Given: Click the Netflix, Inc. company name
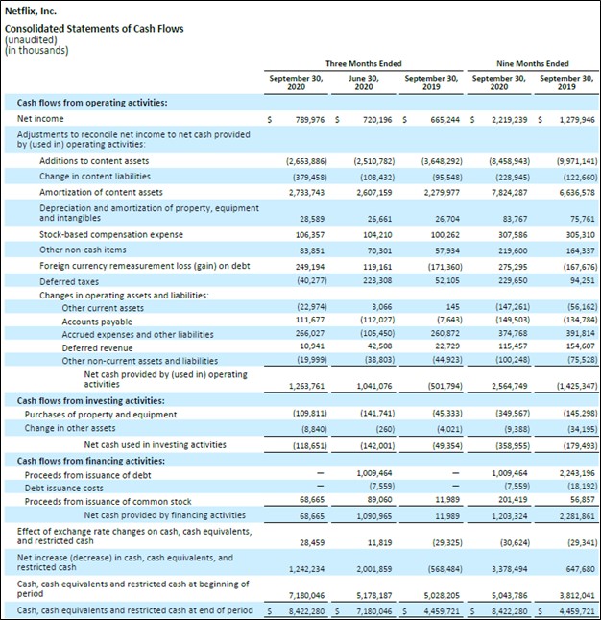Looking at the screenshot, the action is pos(31,12).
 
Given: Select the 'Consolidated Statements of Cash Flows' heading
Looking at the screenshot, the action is pos(94,29).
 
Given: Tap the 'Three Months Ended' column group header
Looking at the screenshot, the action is pos(364,63).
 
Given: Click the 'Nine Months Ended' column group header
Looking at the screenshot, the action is pos(533,63).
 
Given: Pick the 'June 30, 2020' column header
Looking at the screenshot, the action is pos(364,83).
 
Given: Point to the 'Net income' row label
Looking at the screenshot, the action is pos(40,119).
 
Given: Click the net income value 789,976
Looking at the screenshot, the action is pos(310,119).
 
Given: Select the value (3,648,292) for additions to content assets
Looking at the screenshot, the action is pos(442,161).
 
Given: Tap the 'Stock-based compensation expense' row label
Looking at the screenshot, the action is pos(111,234).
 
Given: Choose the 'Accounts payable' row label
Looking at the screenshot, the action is pos(97,322).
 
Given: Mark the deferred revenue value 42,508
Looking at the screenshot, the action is pos(379,346).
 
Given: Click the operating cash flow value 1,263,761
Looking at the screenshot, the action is pos(306,386).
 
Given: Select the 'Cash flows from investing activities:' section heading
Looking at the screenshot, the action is pos(91,401).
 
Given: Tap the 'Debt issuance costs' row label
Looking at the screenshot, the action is pos(63,489).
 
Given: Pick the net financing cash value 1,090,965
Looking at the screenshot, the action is pos(374,516).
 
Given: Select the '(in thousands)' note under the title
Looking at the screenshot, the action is pos(36,51).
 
